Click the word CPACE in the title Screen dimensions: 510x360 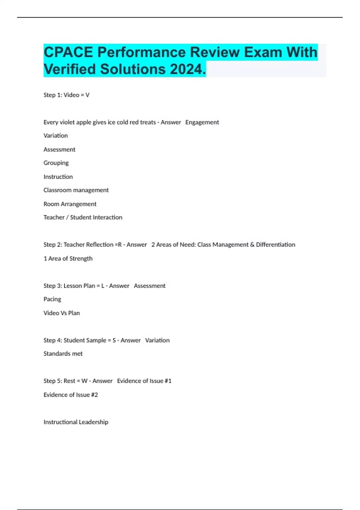(x=68, y=52)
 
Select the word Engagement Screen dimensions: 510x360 (x=202, y=122)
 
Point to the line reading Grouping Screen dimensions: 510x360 (x=56, y=163)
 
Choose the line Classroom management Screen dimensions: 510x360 (x=76, y=190)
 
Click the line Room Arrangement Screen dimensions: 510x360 (x=70, y=204)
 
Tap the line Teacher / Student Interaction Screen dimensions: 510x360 (x=83, y=217)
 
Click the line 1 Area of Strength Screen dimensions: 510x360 (x=68, y=258)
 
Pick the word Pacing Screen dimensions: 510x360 (x=52, y=299)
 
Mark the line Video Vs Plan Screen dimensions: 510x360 (x=61, y=313)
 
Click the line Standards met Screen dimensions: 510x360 (x=63, y=354)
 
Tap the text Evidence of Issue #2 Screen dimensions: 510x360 (x=70, y=395)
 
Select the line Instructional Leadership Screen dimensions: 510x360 (x=76, y=422)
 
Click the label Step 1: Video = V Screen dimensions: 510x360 (x=66, y=95)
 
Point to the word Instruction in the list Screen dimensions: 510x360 (x=58, y=177)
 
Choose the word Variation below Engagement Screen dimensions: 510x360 (x=55, y=136)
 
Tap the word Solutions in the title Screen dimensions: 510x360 (x=133, y=69)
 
